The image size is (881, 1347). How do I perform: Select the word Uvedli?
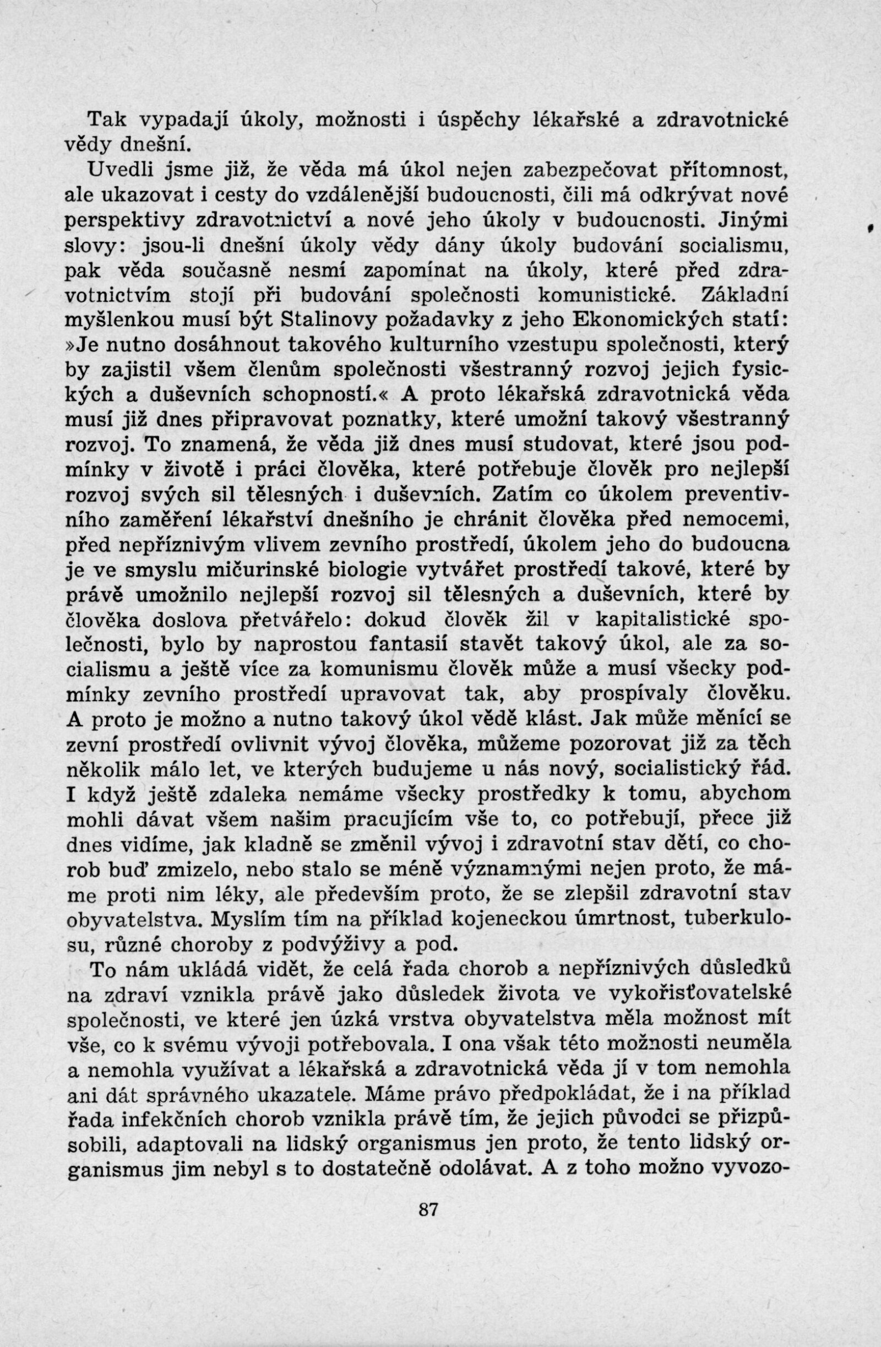(x=117, y=170)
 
